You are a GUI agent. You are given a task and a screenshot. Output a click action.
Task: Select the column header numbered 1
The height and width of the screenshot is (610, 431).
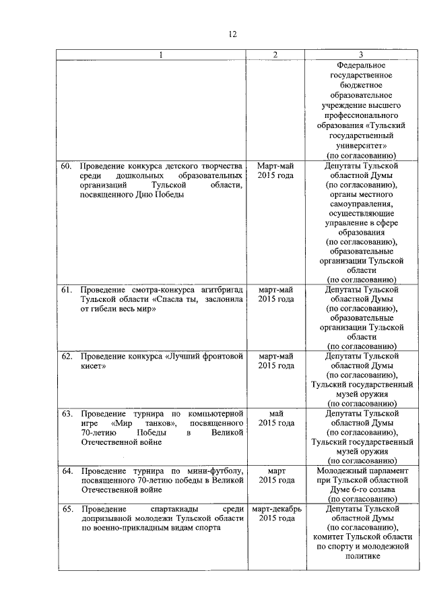pyautogui.click(x=160, y=55)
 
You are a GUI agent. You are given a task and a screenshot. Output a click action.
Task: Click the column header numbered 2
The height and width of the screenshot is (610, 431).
pyautogui.click(x=276, y=55)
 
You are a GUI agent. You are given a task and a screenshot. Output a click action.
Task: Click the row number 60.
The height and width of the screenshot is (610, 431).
pyautogui.click(x=67, y=165)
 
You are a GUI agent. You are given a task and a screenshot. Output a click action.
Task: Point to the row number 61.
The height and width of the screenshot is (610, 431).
pyautogui.click(x=67, y=289)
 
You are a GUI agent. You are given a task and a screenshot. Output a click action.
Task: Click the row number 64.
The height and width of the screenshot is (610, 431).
pyautogui.click(x=67, y=470)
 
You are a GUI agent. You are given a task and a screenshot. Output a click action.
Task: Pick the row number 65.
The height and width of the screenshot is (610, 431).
pyautogui.click(x=67, y=509)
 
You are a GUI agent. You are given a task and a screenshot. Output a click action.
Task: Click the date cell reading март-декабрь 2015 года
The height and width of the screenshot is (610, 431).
pyautogui.click(x=276, y=514)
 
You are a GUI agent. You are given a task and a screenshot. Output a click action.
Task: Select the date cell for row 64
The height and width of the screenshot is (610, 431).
pyautogui.click(x=276, y=475)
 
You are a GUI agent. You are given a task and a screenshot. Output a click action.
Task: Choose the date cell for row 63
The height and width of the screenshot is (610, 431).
pyautogui.click(x=276, y=418)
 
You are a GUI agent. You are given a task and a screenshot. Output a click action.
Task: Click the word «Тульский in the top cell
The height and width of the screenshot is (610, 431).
pyautogui.click(x=387, y=125)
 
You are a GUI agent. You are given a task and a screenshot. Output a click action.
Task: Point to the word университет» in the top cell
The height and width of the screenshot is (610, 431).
pyautogui.click(x=361, y=145)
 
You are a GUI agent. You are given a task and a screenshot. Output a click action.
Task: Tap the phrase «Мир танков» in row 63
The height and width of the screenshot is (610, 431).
pyautogui.click(x=145, y=423)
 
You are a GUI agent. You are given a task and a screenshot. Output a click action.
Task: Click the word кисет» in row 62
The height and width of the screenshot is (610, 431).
pyautogui.click(x=94, y=366)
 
